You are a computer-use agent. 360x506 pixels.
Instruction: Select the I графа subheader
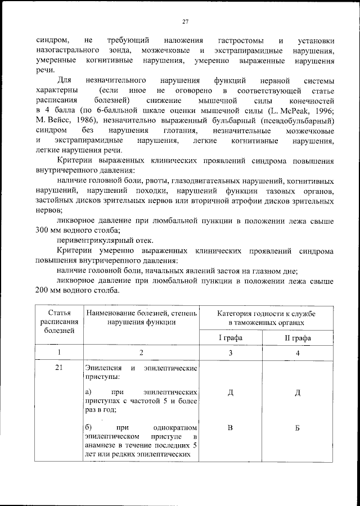pos(230,338)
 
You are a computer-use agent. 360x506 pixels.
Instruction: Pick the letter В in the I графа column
pos(230,428)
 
